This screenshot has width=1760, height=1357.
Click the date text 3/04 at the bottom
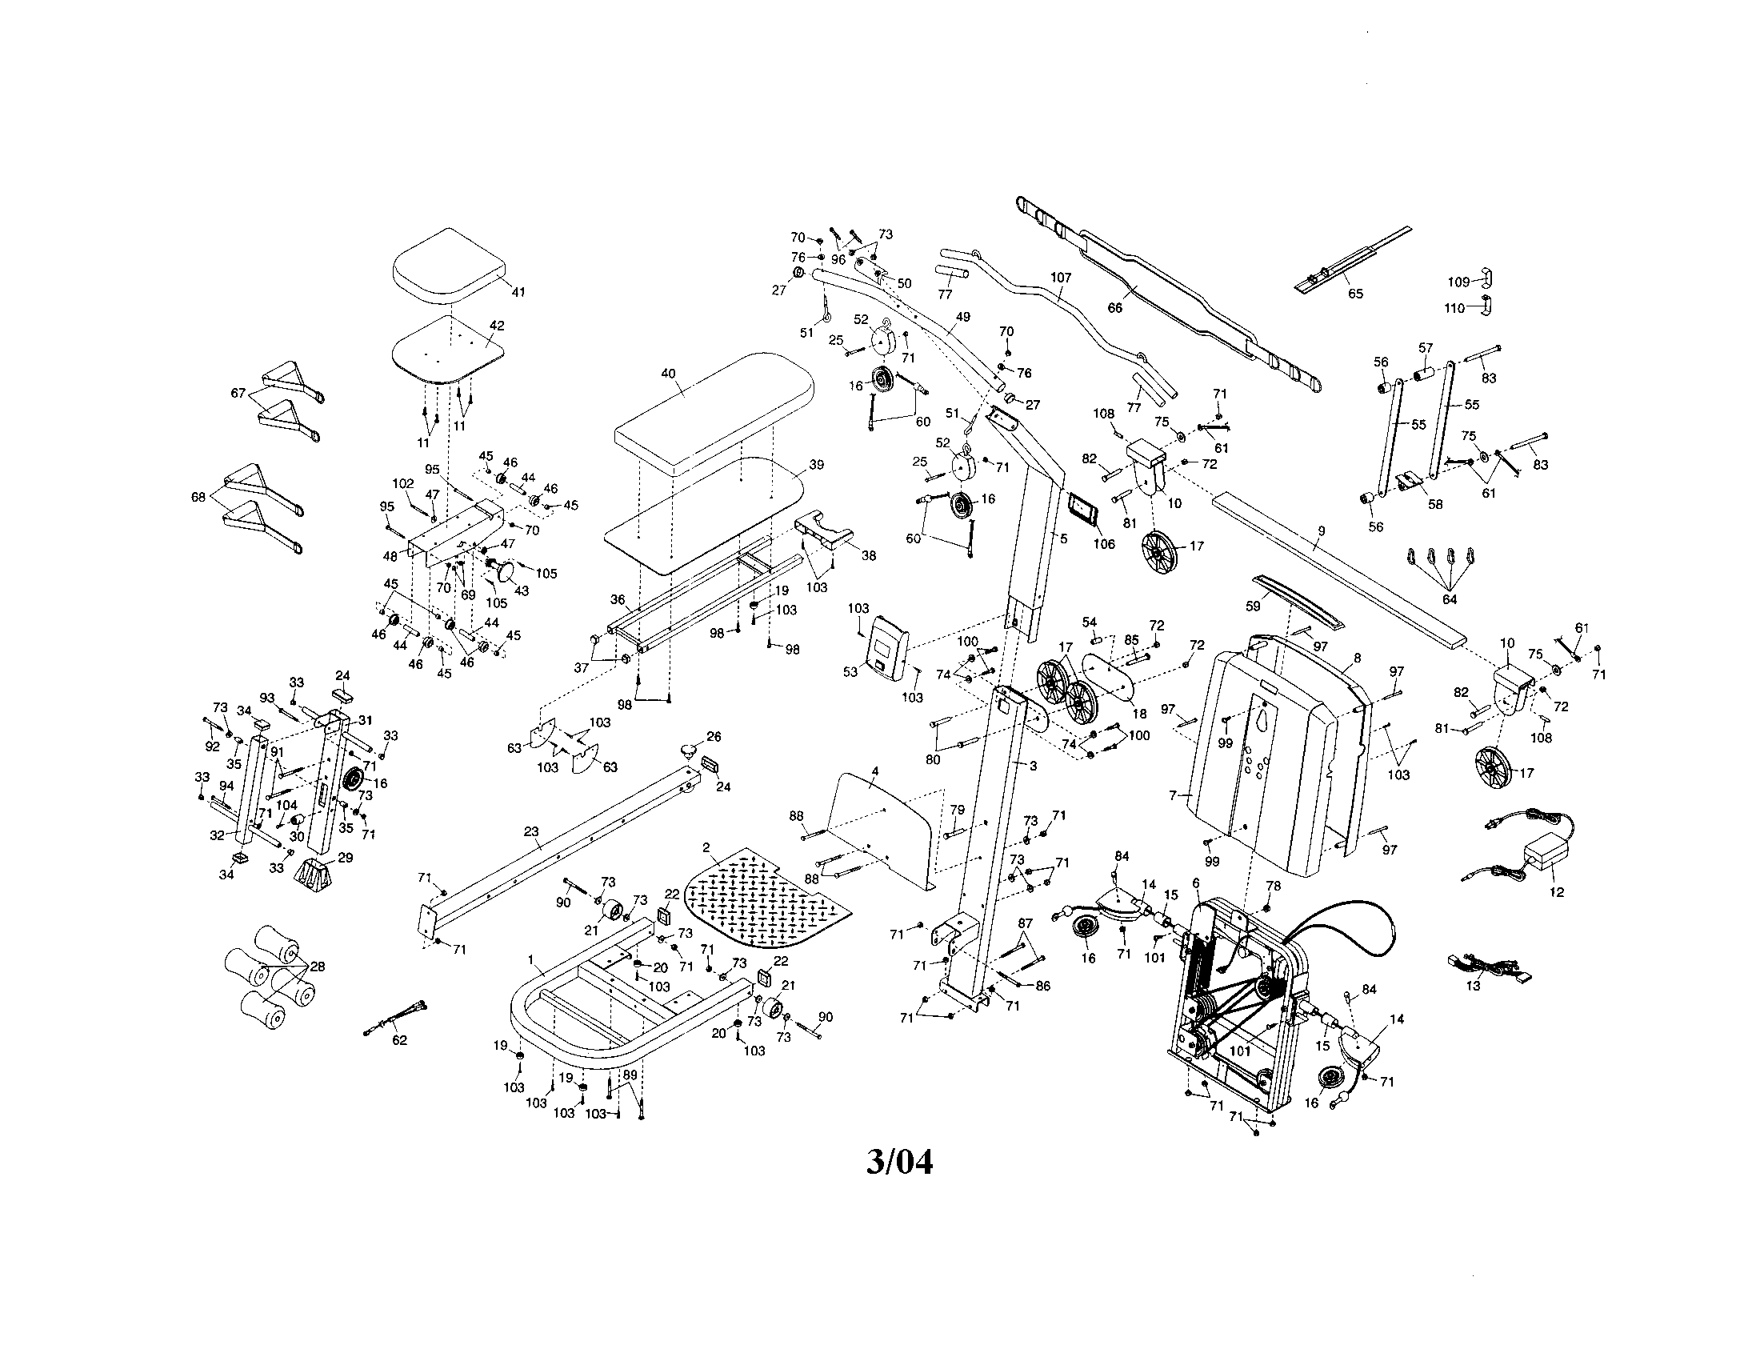(899, 1163)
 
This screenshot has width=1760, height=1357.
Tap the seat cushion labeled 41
(448, 266)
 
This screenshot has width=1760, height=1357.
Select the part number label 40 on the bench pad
(668, 374)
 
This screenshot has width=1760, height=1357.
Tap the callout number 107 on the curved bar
(1061, 277)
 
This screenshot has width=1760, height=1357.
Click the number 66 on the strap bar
(1115, 307)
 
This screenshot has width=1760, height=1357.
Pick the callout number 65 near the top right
(1355, 294)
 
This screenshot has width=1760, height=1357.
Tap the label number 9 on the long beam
(1321, 531)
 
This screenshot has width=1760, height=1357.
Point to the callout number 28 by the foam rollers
(318, 967)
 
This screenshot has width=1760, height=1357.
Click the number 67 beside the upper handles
(238, 392)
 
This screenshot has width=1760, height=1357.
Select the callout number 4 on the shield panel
(875, 771)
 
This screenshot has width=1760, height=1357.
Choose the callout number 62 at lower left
(399, 1040)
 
